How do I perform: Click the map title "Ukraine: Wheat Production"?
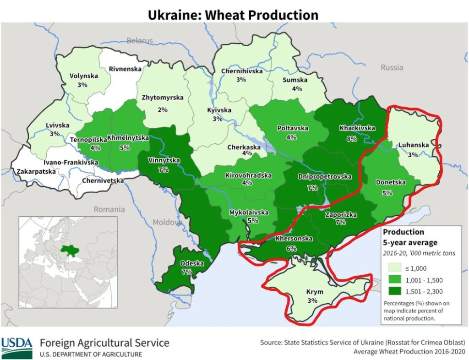[x=233, y=15]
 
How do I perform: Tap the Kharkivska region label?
[x=357, y=128]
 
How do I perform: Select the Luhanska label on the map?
[x=413, y=145]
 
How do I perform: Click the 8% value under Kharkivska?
[x=351, y=139]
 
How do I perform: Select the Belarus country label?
[x=140, y=41]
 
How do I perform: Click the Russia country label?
[x=392, y=67]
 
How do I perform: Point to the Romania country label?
[x=109, y=209]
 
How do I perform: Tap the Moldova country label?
[x=167, y=223]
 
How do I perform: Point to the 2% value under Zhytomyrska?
[x=162, y=109]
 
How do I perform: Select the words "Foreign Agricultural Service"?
[x=104, y=343]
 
